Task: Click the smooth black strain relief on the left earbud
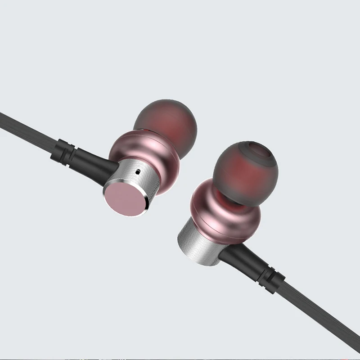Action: [x=90, y=156]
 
